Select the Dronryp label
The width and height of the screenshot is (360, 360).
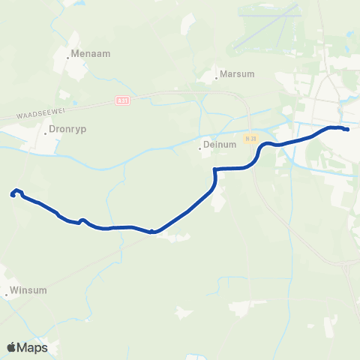pyautogui.click(x=68, y=129)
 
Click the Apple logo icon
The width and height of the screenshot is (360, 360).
pyautogui.click(x=12, y=347)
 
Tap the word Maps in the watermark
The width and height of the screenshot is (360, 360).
pyautogui.click(x=33, y=347)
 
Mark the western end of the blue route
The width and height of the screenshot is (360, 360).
pyautogui.click(x=13, y=196)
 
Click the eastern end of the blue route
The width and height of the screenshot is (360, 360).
pyautogui.click(x=347, y=130)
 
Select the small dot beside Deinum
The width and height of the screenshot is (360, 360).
pyautogui.click(x=199, y=148)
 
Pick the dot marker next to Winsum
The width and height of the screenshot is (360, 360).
pyautogui.click(x=7, y=294)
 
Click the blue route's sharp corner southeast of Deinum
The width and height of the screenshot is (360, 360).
pyautogui.click(x=215, y=169)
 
